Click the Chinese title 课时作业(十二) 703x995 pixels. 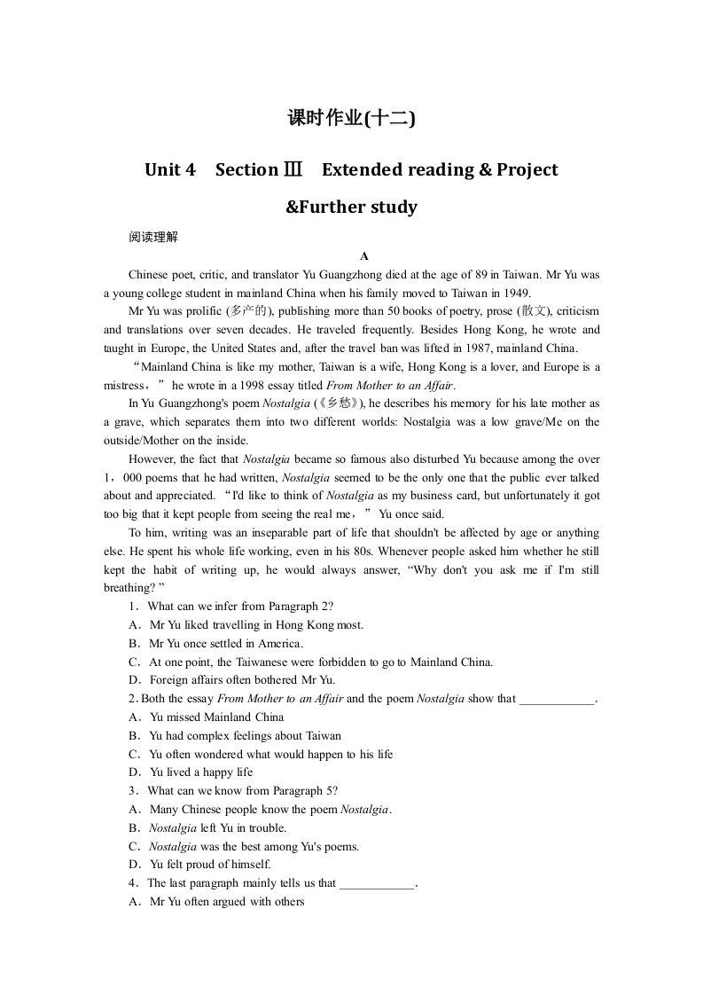[351, 119]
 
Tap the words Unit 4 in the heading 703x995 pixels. [169, 170]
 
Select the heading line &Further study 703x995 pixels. [351, 208]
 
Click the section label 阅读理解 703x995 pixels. [152, 238]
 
